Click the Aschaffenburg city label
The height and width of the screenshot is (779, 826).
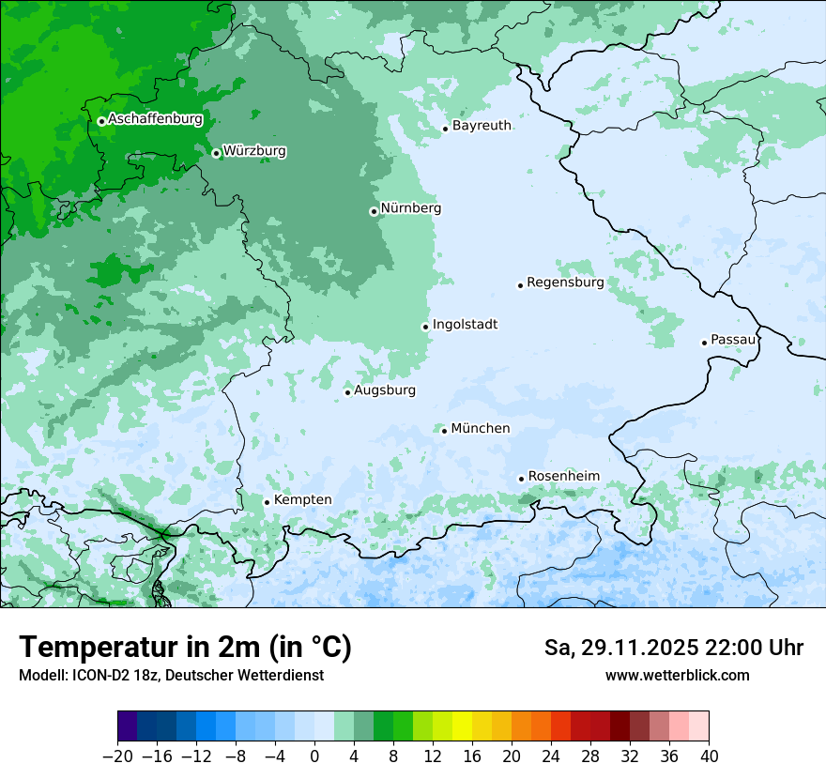pos(155,119)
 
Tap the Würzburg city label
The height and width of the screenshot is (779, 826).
pos(254,151)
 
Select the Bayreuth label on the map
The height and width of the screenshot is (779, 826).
pos(482,126)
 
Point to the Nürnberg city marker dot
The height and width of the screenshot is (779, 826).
pos(374,211)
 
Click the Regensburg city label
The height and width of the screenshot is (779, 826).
pos(565,283)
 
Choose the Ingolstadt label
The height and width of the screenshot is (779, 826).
pos(465,325)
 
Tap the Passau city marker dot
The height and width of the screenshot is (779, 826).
pos(704,343)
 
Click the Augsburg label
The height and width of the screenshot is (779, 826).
pos(385,390)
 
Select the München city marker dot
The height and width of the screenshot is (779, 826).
pos(445,431)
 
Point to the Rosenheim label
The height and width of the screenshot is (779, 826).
pos(563,477)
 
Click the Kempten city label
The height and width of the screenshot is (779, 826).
pos(302,500)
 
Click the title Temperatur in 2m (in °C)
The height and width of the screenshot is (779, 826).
pos(185,648)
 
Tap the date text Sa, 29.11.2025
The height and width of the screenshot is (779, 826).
pos(620,648)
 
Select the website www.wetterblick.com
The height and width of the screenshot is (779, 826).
pos(677,675)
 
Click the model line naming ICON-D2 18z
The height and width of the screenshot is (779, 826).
pos(171,675)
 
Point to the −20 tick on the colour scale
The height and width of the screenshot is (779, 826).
pos(117,756)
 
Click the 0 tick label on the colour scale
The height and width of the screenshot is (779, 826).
pos(314,756)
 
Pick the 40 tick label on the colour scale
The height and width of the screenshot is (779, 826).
pos(709,756)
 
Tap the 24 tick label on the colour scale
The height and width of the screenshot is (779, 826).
pos(551,756)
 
